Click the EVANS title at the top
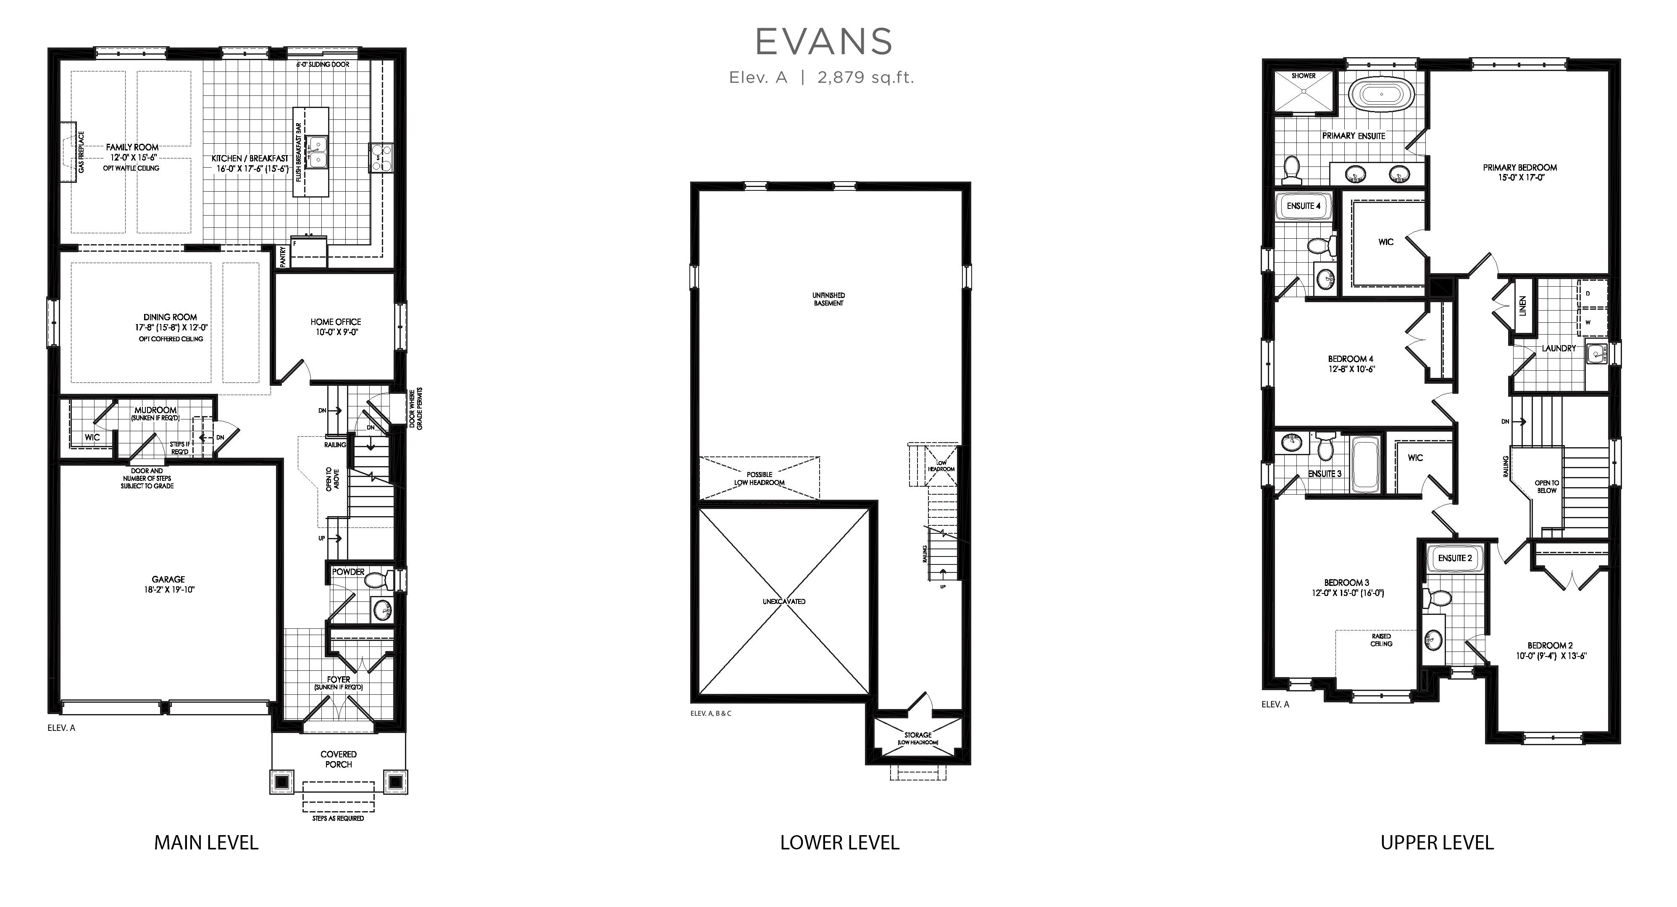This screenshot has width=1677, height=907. pos(823,42)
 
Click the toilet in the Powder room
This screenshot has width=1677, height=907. pos(378,579)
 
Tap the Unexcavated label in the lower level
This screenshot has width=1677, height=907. pos(784,601)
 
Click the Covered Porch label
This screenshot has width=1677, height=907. pos(339,759)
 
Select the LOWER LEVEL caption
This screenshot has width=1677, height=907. pos(840,843)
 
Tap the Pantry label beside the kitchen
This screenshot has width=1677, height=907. pos(283,256)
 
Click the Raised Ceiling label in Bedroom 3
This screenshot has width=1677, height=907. pos(1381,640)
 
